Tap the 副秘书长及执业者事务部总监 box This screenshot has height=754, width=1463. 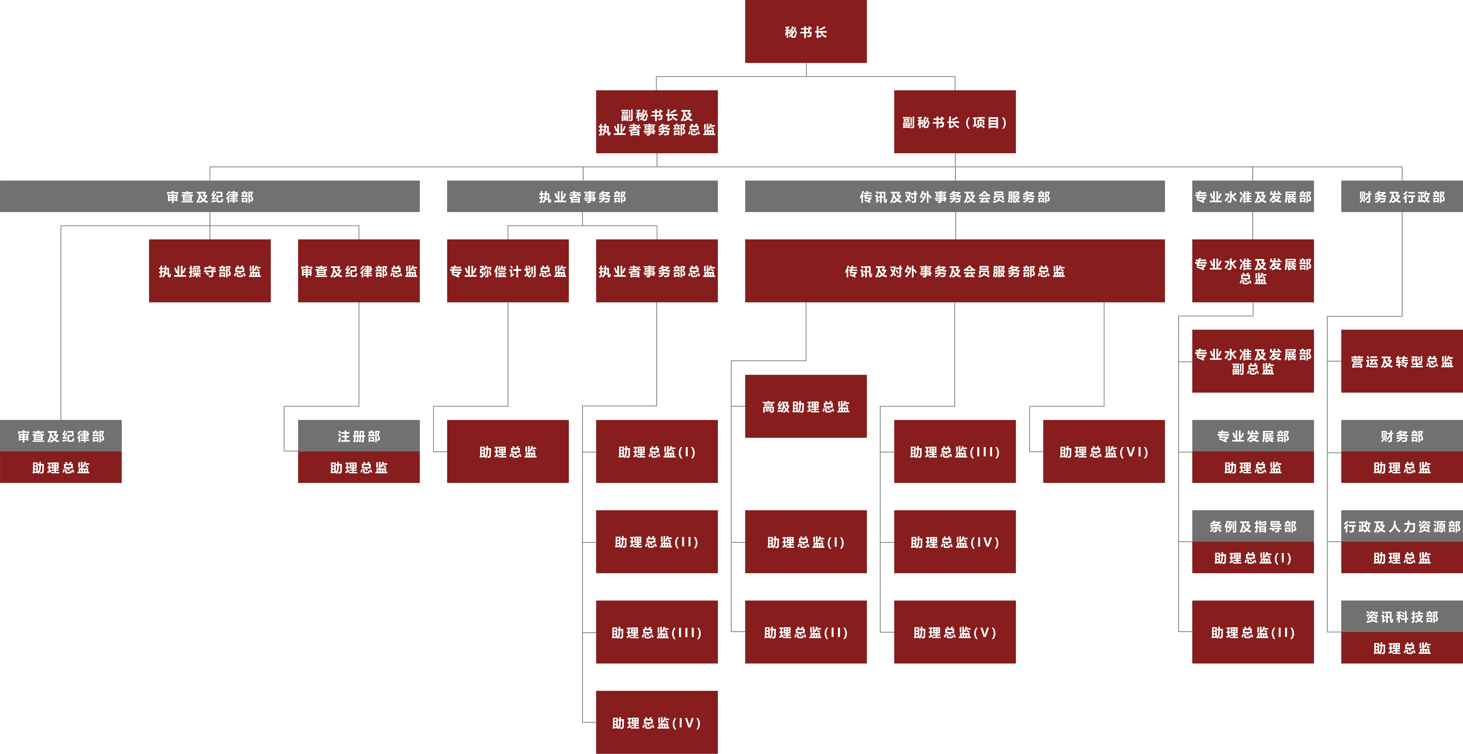pos(657,122)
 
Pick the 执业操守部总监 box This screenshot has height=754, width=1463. pos(210,271)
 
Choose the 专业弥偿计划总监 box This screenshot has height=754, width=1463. pos(508,271)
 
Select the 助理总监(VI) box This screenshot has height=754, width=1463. pos(1104,452)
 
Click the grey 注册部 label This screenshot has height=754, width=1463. pos(358,436)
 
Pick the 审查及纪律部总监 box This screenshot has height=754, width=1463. pos(358,271)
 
